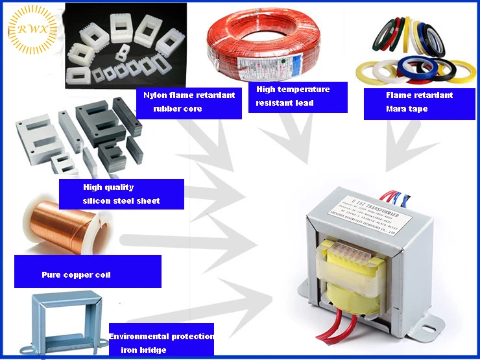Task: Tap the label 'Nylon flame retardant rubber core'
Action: tap(189, 102)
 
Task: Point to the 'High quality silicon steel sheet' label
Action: tap(121, 194)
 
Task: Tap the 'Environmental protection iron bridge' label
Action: tap(161, 342)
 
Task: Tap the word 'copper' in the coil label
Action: tap(77, 275)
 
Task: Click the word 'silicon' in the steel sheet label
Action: tap(97, 201)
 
